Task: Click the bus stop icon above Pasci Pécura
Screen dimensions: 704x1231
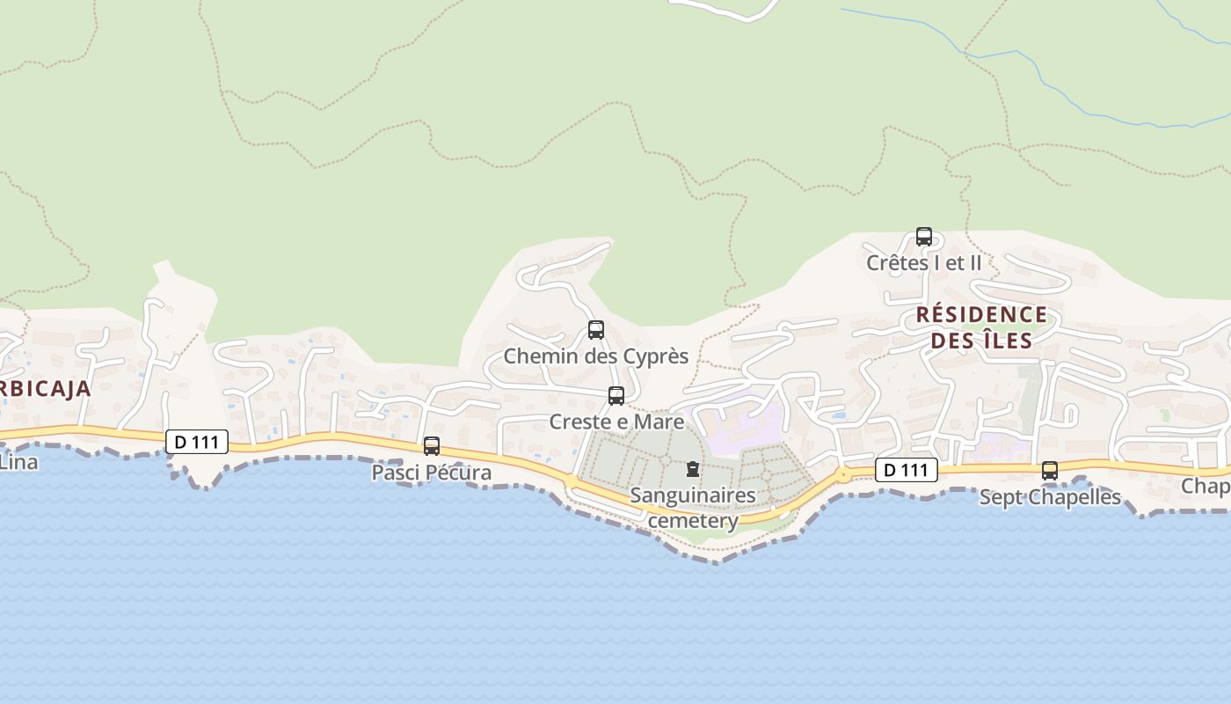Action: point(432,446)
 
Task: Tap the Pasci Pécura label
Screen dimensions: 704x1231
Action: point(431,473)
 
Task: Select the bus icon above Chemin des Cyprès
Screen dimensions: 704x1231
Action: point(596,330)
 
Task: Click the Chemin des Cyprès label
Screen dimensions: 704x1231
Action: point(595,356)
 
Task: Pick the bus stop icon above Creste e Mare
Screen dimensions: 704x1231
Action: point(616,396)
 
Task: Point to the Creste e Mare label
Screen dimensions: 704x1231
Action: point(616,422)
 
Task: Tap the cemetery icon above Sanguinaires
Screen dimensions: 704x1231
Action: point(693,469)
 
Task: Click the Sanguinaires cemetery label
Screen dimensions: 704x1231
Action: point(693,508)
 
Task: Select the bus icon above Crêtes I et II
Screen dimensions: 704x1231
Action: point(924,237)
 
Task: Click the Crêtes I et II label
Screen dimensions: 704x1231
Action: point(923,262)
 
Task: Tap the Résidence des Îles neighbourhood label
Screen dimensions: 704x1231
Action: point(981,327)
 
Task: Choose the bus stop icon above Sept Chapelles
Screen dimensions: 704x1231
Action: point(1050,471)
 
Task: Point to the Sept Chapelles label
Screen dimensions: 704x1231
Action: point(1050,497)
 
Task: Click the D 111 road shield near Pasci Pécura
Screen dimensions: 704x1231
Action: point(197,442)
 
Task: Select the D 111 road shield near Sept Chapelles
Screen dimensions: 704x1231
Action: point(907,470)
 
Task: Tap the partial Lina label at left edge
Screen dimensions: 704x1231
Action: point(18,461)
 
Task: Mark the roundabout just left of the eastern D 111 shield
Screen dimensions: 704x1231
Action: point(844,475)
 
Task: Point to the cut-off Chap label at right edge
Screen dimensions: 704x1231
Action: point(1206,486)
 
